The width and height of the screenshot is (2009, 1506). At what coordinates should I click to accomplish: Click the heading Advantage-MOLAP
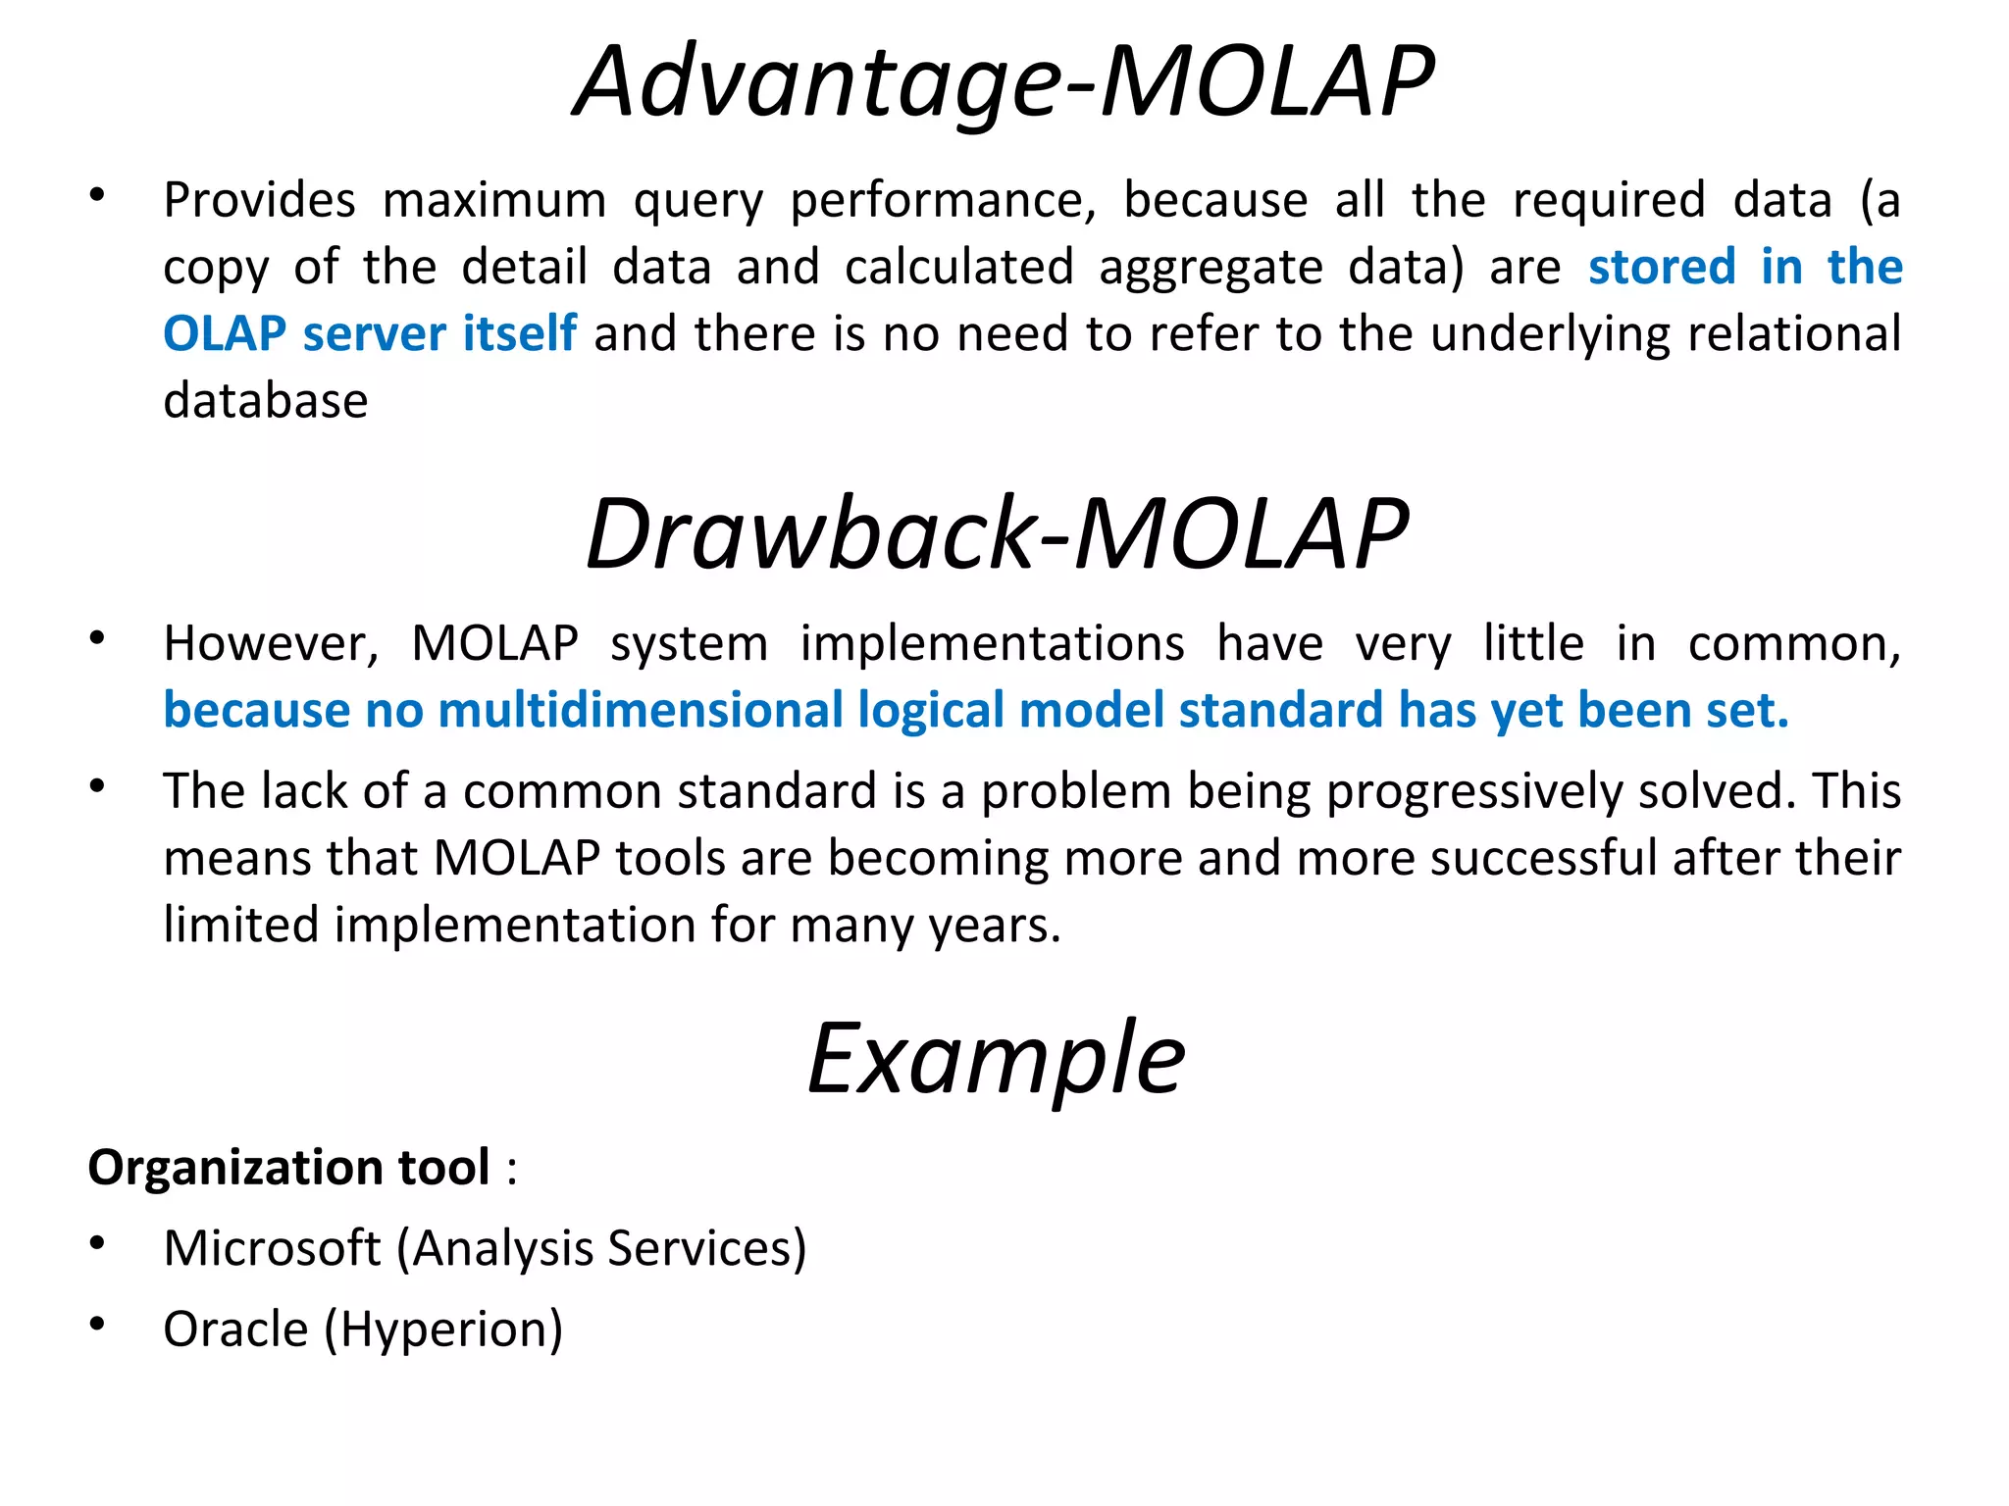tap(1004, 82)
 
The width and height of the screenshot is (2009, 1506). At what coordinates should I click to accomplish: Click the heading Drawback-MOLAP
tap(997, 534)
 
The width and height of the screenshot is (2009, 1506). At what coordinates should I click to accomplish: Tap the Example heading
tap(996, 1060)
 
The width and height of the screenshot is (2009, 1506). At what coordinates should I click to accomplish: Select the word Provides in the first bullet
tap(259, 201)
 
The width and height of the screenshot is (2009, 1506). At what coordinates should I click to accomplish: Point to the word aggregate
tap(1211, 269)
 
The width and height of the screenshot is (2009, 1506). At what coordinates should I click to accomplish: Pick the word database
tap(266, 401)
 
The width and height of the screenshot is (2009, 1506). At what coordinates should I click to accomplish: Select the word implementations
tap(992, 645)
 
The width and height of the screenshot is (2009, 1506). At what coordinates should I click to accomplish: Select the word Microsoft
tap(272, 1249)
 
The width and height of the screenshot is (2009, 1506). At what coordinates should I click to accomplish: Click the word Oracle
tap(235, 1330)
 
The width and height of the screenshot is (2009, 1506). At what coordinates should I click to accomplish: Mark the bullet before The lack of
tap(96, 787)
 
